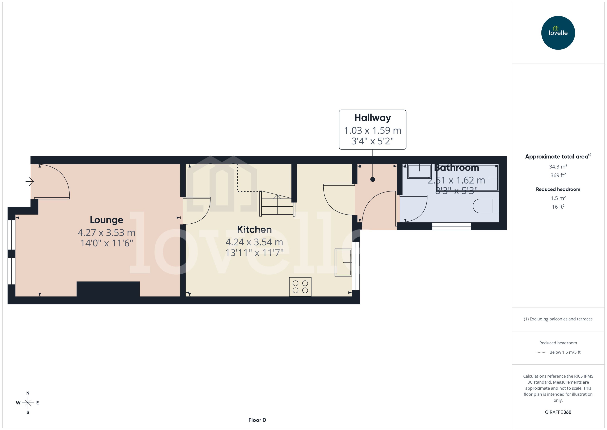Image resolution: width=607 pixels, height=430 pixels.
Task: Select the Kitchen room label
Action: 254,229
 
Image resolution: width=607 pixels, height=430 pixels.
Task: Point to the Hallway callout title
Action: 372,118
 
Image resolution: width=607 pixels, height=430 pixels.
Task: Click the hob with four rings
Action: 300,287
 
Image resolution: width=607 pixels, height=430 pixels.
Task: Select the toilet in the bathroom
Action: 486,206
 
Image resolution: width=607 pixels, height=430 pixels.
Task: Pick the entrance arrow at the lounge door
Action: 30,182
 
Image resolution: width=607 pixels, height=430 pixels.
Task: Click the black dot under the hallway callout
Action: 372,179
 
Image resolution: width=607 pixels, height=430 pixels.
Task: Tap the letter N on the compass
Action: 28,393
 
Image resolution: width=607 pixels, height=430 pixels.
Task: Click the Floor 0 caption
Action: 257,420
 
